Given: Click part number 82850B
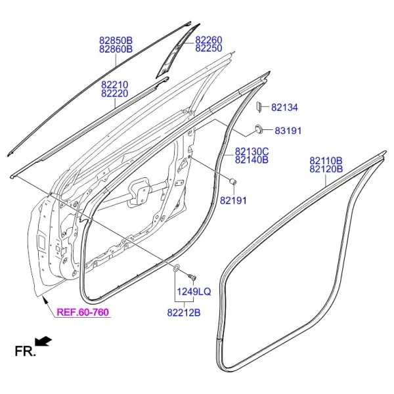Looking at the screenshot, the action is click(x=116, y=41).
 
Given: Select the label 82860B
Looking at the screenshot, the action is click(x=116, y=49).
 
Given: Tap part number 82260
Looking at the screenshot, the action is click(x=209, y=39).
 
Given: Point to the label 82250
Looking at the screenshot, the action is click(x=209, y=48).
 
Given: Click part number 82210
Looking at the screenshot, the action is click(x=115, y=85).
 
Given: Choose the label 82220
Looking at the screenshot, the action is click(x=115, y=93).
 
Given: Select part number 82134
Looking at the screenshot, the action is click(x=285, y=108).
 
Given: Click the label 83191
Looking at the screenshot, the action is click(x=288, y=131).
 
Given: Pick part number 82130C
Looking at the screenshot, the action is click(x=252, y=152).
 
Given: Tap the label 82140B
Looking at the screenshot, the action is click(x=252, y=160).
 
